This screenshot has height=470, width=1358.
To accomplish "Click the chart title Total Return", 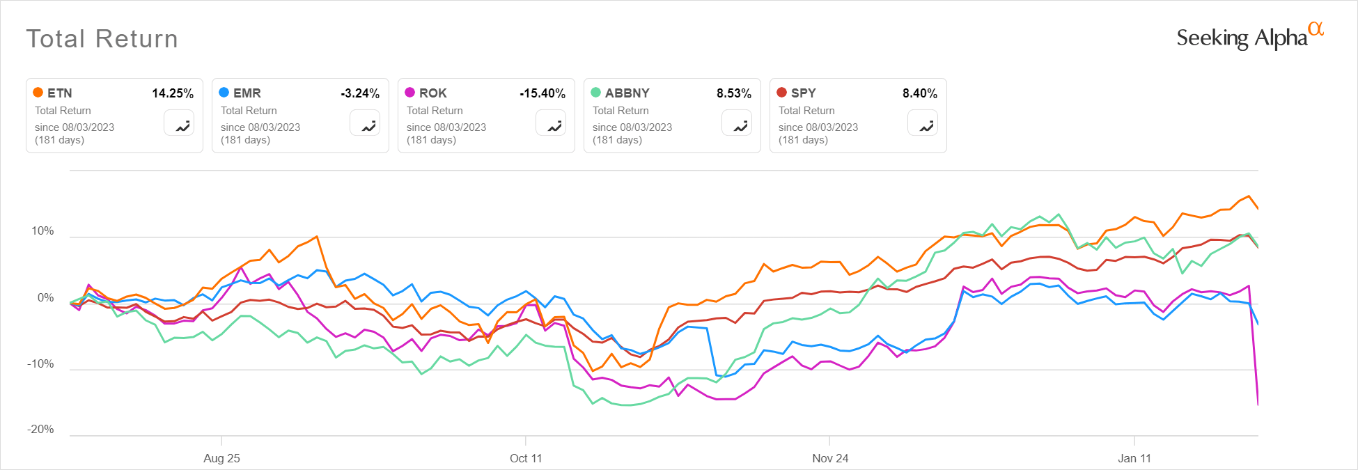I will [102, 39].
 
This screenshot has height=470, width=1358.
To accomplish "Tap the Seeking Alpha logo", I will [1249, 37].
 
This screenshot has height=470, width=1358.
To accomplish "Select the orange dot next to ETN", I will [38, 93].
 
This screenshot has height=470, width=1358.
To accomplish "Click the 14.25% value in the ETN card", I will [173, 93].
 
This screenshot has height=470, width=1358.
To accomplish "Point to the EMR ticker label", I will [247, 93].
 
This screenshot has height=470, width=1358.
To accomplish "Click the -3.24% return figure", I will [360, 93].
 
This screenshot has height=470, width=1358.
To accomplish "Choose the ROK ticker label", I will [432, 93].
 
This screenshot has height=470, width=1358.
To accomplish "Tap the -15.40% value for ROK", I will [543, 93].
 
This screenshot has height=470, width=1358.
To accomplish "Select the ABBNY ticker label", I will [627, 93].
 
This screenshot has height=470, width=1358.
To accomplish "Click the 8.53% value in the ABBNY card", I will [734, 93].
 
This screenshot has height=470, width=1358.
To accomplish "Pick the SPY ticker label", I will [803, 93].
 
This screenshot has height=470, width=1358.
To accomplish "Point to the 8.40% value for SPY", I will [920, 93].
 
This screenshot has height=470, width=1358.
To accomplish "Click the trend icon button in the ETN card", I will [179, 123].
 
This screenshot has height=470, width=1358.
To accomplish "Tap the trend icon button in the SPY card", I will [923, 123].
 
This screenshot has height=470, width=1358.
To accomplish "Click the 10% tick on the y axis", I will [42, 231].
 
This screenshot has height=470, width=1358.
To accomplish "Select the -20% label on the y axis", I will [40, 429].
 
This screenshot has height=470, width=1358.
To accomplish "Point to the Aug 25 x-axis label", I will [221, 458].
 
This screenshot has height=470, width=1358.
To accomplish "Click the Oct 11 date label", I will [525, 458].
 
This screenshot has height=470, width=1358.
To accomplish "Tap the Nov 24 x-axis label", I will [830, 458].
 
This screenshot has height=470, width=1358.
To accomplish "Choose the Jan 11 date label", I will [1134, 458].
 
